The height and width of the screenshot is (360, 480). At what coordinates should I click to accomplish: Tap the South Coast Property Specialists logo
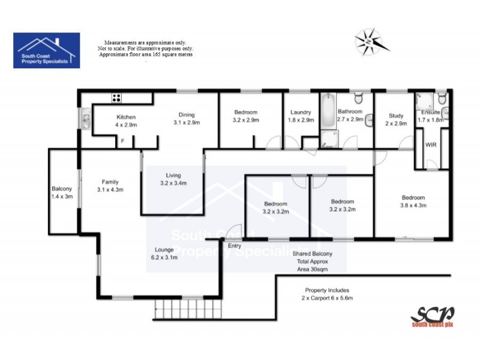tap(46, 50)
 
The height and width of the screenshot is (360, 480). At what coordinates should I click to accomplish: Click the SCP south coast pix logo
tap(432, 316)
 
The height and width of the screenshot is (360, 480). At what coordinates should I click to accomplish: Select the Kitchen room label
tap(127, 117)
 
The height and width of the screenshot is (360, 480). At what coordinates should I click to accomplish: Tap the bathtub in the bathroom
tap(328, 112)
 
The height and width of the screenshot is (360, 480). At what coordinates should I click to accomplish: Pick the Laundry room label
tap(300, 112)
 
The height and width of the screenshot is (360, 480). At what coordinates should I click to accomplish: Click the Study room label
tap(396, 116)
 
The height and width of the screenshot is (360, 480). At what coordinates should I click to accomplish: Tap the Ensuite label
tap(431, 112)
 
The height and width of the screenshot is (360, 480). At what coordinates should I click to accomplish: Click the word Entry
tap(235, 245)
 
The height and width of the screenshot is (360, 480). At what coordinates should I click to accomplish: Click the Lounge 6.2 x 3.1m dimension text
tap(164, 257)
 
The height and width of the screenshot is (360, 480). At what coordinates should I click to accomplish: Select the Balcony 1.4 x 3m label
tap(62, 193)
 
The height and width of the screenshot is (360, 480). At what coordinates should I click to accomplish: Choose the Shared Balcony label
tap(312, 254)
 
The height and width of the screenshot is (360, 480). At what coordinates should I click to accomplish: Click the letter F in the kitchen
tap(122, 141)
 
